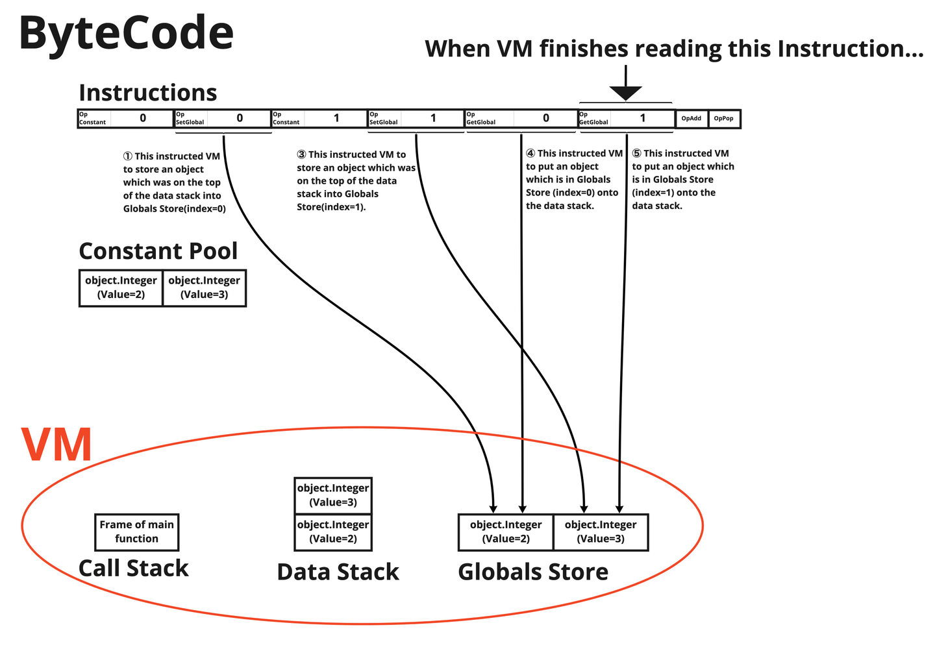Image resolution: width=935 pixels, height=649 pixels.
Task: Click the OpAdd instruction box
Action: [692, 119]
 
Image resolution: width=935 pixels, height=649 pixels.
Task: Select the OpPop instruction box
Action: [723, 119]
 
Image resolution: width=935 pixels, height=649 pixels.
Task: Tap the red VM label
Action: [56, 445]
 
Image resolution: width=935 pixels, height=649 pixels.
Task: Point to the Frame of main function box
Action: [136, 532]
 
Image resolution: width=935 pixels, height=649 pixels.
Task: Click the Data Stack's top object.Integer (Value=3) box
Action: [333, 495]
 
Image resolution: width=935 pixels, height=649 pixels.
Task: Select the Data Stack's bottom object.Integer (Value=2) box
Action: [333, 532]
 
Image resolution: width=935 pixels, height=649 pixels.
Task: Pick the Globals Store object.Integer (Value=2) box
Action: [506, 532]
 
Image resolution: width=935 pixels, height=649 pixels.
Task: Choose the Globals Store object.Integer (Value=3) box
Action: [601, 532]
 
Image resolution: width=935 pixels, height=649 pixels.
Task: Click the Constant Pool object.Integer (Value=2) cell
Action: [121, 288]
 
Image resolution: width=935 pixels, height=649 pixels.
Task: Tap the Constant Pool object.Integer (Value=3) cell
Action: [204, 288]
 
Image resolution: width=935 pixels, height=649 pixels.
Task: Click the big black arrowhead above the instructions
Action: [625, 93]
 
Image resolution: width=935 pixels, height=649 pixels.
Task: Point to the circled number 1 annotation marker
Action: [128, 156]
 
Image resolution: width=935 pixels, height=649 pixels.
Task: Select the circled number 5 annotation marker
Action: [637, 154]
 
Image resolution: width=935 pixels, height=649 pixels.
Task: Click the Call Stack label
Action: [133, 568]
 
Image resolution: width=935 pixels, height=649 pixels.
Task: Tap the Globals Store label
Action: [533, 572]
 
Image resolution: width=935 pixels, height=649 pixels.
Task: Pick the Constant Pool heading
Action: [158, 251]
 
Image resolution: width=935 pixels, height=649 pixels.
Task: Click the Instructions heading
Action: [147, 93]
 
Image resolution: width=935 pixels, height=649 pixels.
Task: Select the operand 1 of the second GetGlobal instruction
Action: [643, 118]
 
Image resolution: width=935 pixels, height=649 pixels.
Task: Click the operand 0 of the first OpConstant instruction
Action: [143, 118]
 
